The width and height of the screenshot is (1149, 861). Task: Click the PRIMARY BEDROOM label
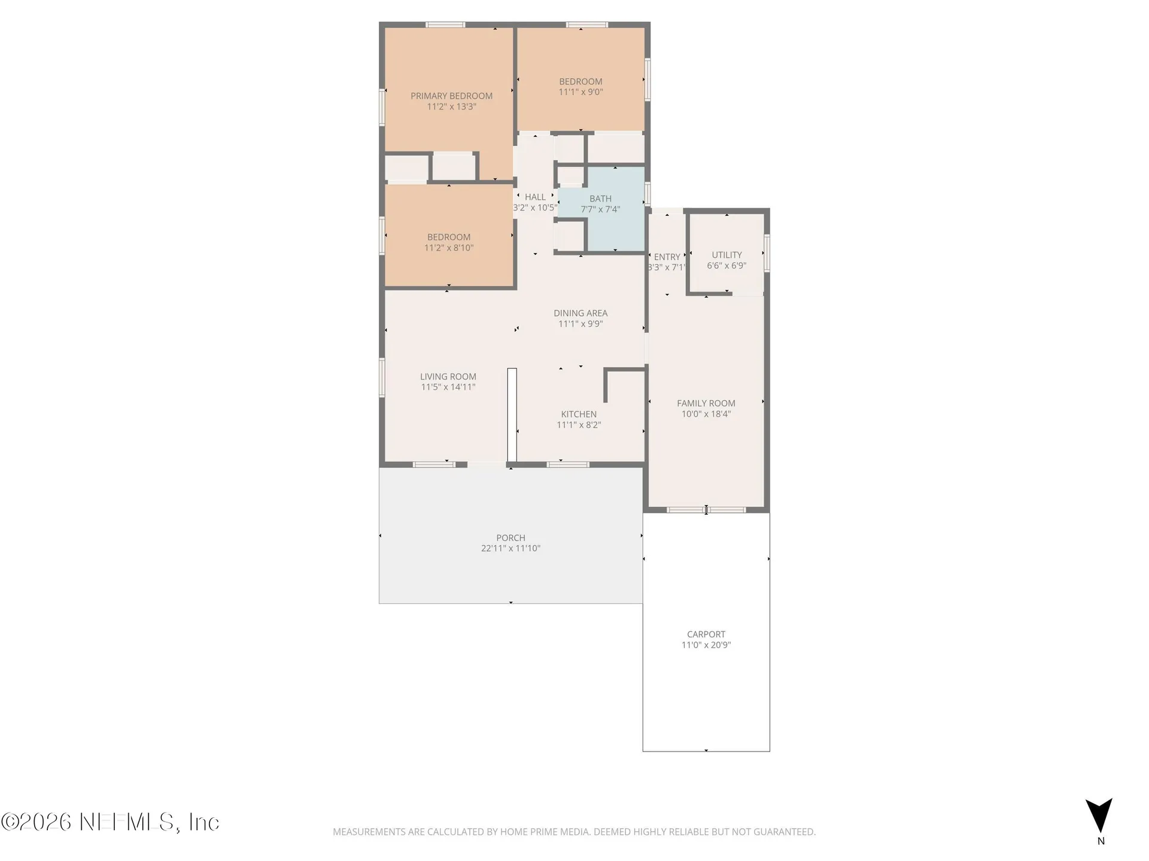pos(451,96)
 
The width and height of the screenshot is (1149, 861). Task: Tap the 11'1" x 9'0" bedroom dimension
pos(580,92)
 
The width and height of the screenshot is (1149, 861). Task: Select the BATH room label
pos(600,199)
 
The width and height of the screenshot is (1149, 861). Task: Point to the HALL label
pos(535,197)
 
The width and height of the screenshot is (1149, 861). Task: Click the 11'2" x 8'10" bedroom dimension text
pos(449,248)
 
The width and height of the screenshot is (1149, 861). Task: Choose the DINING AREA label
pos(580,313)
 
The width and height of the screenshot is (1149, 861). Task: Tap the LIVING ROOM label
pos(448,376)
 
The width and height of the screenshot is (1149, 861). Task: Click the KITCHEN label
pos(579,414)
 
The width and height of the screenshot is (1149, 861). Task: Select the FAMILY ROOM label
pos(706,403)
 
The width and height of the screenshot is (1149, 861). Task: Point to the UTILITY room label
pos(727,255)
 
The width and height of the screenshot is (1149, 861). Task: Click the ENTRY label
pos(667,257)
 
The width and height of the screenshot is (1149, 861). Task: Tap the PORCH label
pos(510,538)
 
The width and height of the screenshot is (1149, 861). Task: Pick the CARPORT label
pos(706,634)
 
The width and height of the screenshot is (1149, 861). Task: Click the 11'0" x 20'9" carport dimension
pos(706,645)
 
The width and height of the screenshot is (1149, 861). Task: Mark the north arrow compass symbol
pos(1099,816)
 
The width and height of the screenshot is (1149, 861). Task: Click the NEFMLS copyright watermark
pos(110,822)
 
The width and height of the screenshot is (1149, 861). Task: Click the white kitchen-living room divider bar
pos(512,415)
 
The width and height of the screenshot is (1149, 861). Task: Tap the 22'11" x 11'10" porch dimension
pos(510,548)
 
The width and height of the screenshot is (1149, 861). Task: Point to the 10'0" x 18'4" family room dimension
pos(706,414)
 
